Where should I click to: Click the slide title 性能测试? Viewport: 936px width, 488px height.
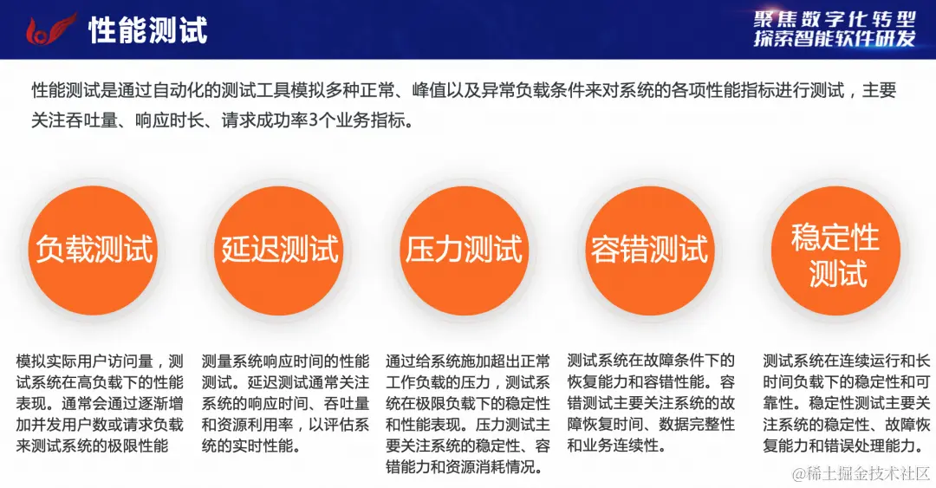[x=148, y=30]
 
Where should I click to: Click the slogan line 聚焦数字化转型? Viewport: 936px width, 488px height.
[x=835, y=17]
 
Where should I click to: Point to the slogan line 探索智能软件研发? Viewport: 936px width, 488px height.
[x=835, y=39]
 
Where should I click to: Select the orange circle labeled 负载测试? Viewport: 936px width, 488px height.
[x=94, y=250]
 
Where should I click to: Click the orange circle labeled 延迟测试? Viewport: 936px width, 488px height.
[x=279, y=250]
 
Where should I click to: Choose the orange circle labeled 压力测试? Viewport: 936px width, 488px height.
[x=465, y=250]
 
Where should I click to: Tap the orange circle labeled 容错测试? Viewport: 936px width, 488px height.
[x=650, y=250]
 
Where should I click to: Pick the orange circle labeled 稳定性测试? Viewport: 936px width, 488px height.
[x=835, y=254]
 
